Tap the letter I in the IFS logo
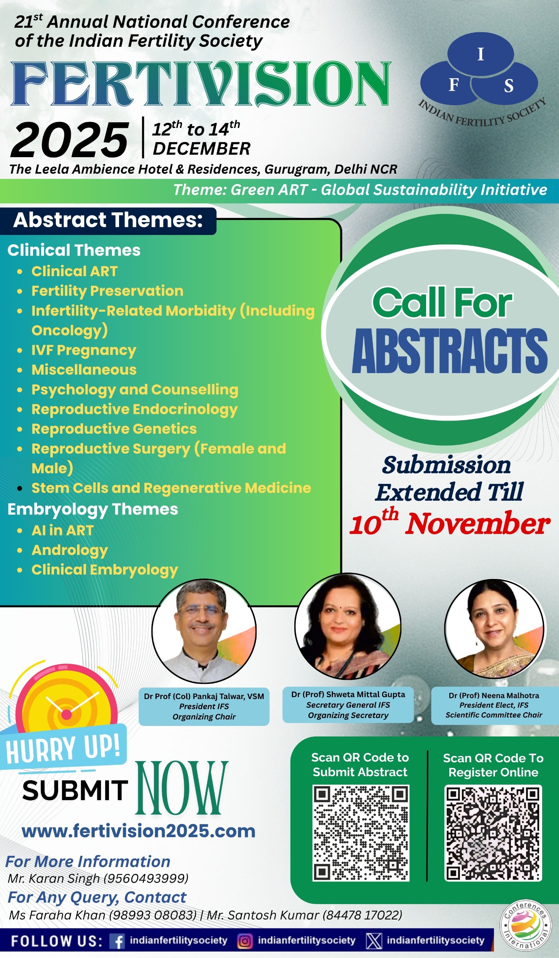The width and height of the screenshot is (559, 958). (481, 54)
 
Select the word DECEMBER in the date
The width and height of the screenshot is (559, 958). (201, 149)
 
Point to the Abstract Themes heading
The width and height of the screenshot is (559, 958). (108, 220)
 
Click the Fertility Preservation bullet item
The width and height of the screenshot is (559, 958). (107, 291)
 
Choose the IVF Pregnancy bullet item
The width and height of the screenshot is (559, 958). (83, 350)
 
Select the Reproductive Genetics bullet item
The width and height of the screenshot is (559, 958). (114, 429)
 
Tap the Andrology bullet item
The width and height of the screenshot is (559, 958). (70, 550)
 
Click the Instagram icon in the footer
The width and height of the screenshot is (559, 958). (245, 942)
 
